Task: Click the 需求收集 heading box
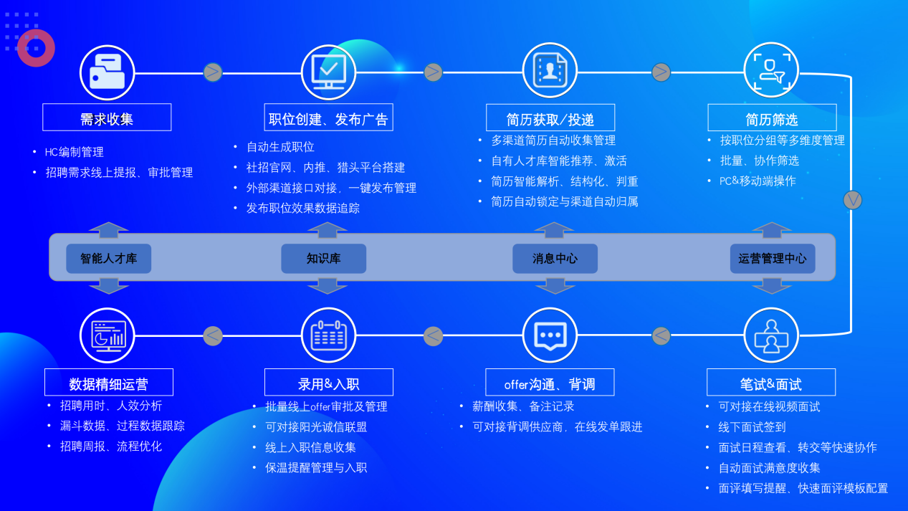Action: [x=107, y=118]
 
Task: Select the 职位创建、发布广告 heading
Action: [x=328, y=118]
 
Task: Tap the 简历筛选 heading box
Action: [x=772, y=118]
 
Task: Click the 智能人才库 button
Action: [x=109, y=259]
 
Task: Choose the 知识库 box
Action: [x=323, y=259]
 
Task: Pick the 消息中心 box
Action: [x=555, y=259]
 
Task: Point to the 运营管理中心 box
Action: [x=772, y=259]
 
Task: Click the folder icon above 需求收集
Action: [x=107, y=72]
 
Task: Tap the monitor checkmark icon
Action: [x=328, y=72]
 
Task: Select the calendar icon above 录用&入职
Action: [x=328, y=335]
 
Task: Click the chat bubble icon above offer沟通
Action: [x=550, y=335]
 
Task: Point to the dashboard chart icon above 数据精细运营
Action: [x=107, y=335]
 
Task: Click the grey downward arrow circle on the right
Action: [x=852, y=200]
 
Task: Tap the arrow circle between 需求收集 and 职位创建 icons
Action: [x=213, y=72]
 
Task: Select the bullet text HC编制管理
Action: [x=75, y=152]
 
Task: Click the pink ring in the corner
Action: [x=36, y=48]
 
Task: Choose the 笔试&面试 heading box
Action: [x=770, y=383]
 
